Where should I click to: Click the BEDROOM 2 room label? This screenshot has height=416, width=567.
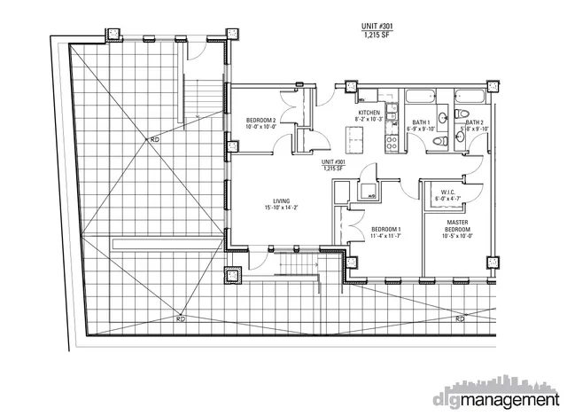coord(261,120)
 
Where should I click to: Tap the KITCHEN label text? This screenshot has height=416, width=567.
coord(369,114)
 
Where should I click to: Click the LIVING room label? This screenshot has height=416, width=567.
coord(283,200)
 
